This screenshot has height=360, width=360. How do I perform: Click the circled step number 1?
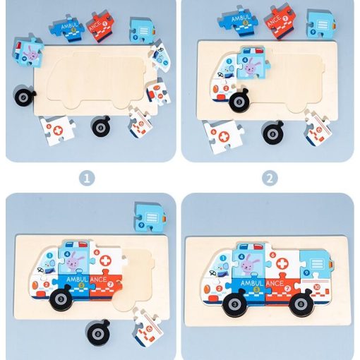[86, 179]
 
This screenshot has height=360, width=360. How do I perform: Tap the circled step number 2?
[270, 179]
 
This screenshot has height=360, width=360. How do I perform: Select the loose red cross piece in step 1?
[56, 128]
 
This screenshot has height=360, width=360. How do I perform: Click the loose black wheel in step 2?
[274, 131]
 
